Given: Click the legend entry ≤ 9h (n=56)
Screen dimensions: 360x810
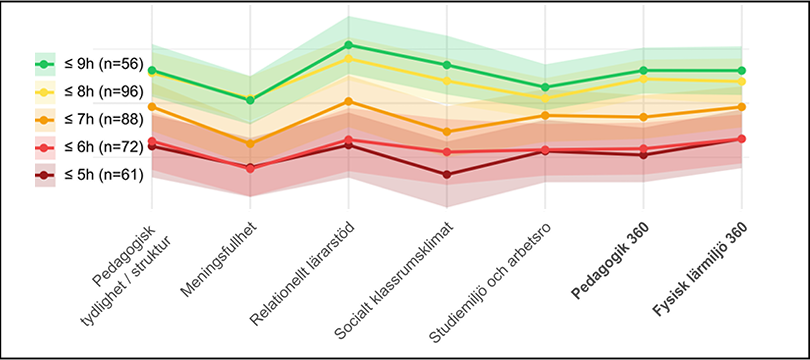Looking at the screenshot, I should (x=90, y=64).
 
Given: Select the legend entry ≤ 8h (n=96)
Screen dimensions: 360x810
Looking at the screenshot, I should (x=90, y=91).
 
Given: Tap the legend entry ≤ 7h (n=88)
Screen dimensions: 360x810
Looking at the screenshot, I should (x=90, y=119).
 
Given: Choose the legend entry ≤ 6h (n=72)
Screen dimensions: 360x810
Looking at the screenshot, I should (x=90, y=147).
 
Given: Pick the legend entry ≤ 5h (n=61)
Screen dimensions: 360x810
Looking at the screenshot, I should (x=90, y=175).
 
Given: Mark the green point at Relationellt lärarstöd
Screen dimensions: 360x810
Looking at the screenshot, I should (x=348, y=45).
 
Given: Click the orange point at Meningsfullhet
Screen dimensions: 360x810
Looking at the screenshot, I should (x=250, y=143).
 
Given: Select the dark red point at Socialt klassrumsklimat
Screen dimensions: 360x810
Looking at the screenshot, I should (x=447, y=174).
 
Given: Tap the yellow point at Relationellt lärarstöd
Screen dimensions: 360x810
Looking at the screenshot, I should (x=348, y=59).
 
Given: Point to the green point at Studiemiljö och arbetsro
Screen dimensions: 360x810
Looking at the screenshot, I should (x=545, y=87).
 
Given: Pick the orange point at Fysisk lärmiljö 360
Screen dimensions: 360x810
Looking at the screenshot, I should (x=741, y=106).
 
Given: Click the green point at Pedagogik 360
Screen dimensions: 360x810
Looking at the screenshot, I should (x=643, y=70).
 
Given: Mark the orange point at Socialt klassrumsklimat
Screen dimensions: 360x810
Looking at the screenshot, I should (x=447, y=131).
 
